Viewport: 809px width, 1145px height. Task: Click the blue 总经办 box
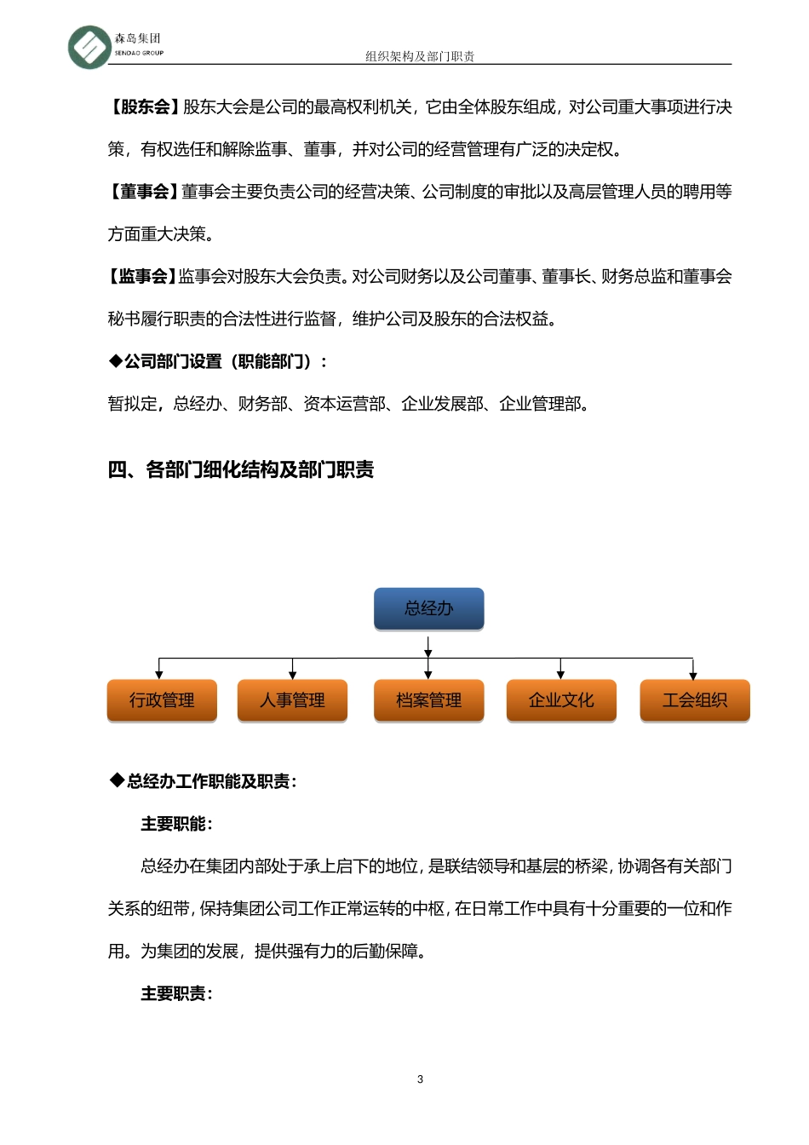pos(428,608)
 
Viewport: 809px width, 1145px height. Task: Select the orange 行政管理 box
pos(162,700)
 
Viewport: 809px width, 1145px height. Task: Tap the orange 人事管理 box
pos(292,700)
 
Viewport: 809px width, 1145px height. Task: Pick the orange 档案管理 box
pos(428,700)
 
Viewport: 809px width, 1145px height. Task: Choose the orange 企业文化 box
pos(560,700)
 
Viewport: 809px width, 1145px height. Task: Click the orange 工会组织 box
pos(694,700)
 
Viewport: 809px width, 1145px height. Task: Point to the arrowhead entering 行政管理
pos(159,675)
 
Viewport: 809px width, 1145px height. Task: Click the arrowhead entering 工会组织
pos(693,675)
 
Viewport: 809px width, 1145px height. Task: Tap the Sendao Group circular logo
pos(89,46)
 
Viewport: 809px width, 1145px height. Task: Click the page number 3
pos(420,1079)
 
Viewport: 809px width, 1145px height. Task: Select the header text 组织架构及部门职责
pos(420,56)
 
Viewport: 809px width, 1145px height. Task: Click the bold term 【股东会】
pos(143,107)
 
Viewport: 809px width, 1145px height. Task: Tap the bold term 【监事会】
pos(141,277)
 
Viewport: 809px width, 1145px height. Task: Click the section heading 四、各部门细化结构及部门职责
pos(241,470)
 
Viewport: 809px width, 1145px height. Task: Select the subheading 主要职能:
pos(176,824)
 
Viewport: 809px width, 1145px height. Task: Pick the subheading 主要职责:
pos(176,993)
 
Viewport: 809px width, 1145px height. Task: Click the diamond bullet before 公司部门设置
pos(115,361)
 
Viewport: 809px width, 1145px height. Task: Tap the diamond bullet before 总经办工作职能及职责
pos(117,780)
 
